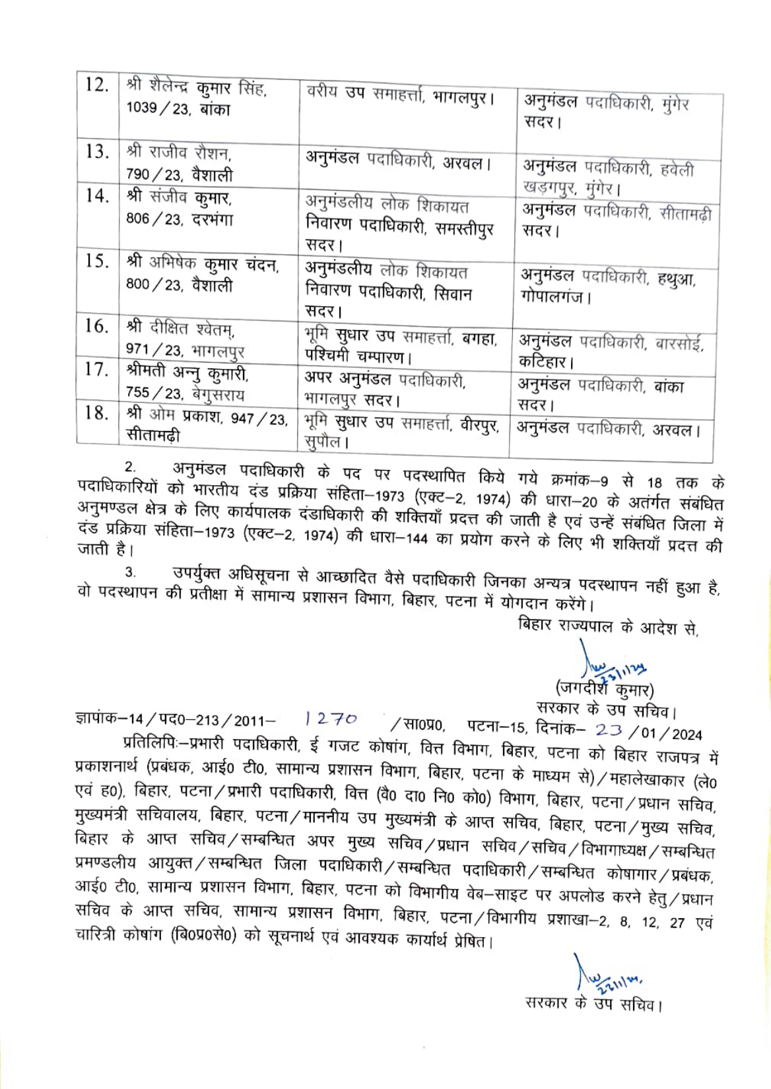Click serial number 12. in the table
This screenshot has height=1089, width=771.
pos(96,85)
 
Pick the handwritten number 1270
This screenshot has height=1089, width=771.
pos(331,719)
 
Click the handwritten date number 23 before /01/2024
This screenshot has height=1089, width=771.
pos(608,730)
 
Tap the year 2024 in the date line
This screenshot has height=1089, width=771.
pos(687,734)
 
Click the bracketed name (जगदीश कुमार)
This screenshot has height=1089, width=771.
pos(604,690)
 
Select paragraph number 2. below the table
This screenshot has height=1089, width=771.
pos(131,467)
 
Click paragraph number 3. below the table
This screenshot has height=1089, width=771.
pos(131,572)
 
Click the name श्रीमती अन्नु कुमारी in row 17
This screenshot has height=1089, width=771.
pos(187,373)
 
